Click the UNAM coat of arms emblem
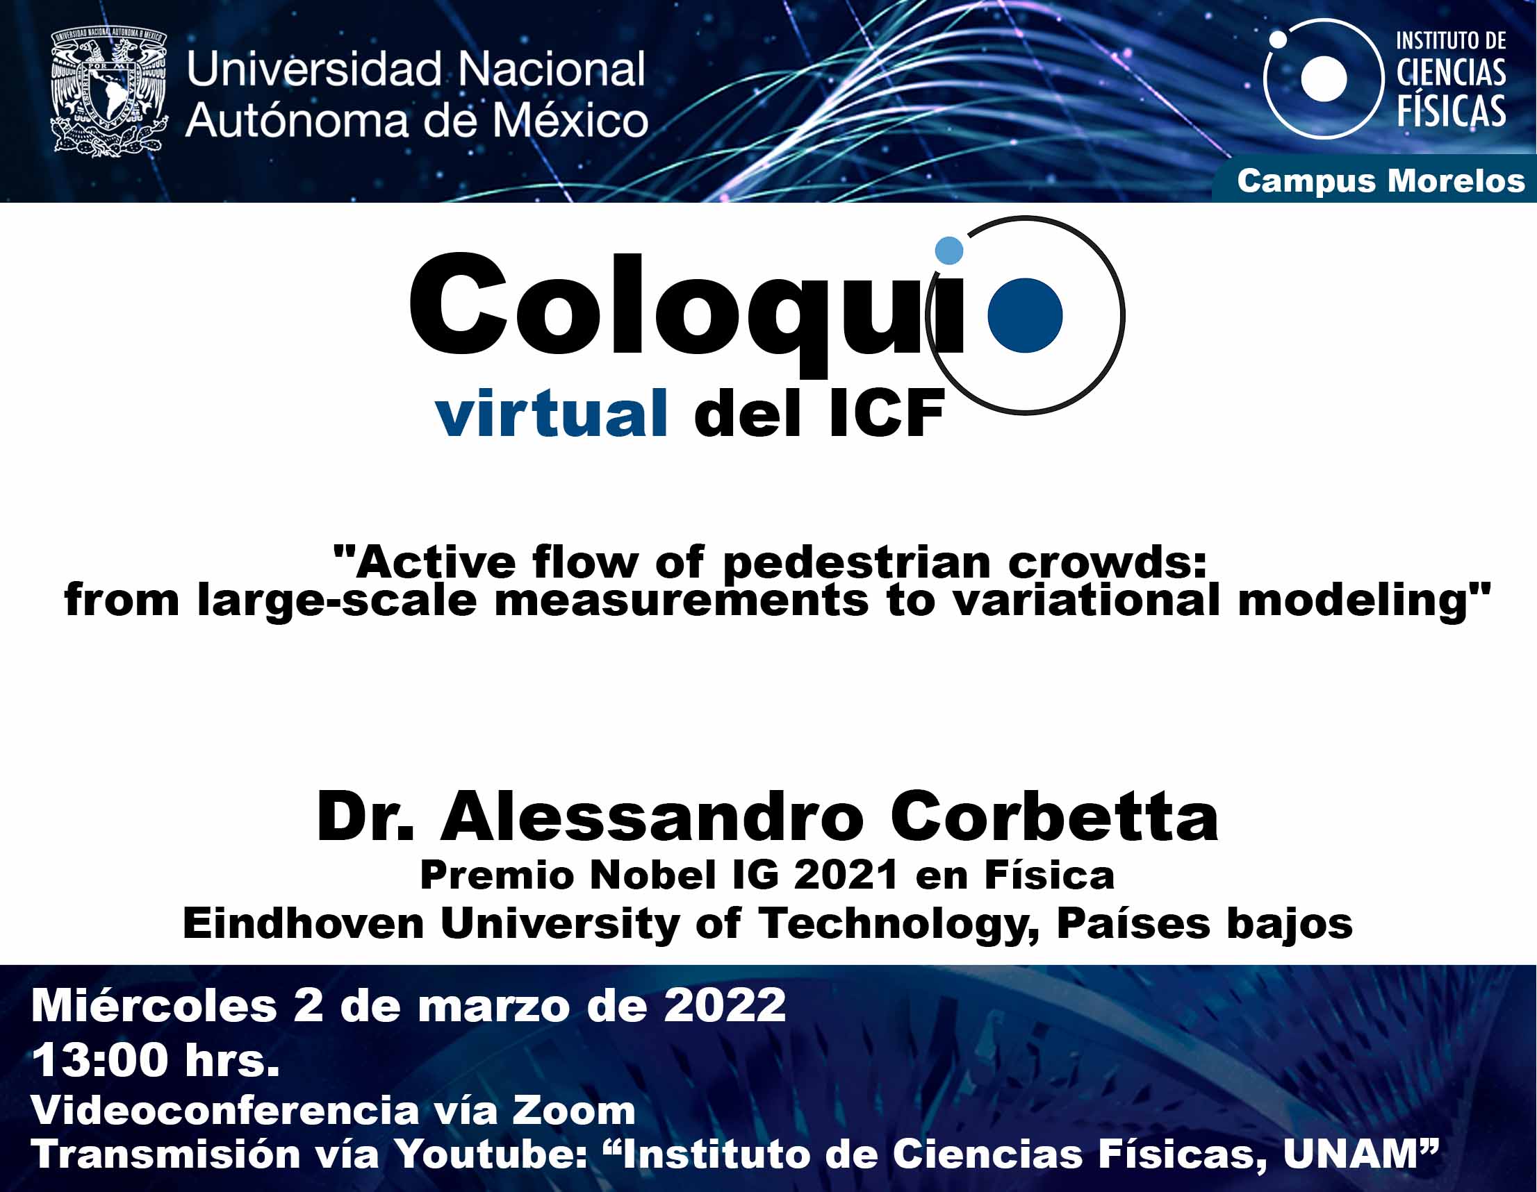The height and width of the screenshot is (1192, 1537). (x=109, y=92)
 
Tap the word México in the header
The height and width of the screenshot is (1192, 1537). (x=570, y=120)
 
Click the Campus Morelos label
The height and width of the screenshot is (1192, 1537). (x=1381, y=181)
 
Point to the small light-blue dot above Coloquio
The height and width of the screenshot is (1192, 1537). (x=948, y=251)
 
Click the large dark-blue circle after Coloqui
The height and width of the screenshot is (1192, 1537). (x=1025, y=315)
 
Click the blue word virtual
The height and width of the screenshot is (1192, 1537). (x=551, y=414)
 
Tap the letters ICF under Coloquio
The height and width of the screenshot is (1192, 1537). (x=886, y=415)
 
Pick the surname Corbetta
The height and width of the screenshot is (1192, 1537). (x=1053, y=817)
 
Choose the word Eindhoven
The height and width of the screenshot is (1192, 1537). (x=304, y=923)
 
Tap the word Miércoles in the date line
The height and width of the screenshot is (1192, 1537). (x=154, y=1006)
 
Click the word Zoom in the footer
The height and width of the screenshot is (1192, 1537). (x=573, y=1111)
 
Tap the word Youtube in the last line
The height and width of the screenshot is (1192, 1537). (x=489, y=1155)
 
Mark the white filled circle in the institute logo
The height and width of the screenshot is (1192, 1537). (x=1324, y=78)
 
